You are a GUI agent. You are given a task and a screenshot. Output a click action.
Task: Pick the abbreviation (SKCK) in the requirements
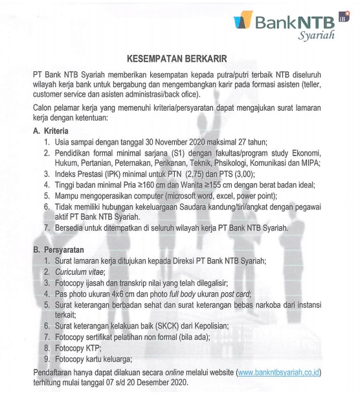(x=170, y=327)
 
